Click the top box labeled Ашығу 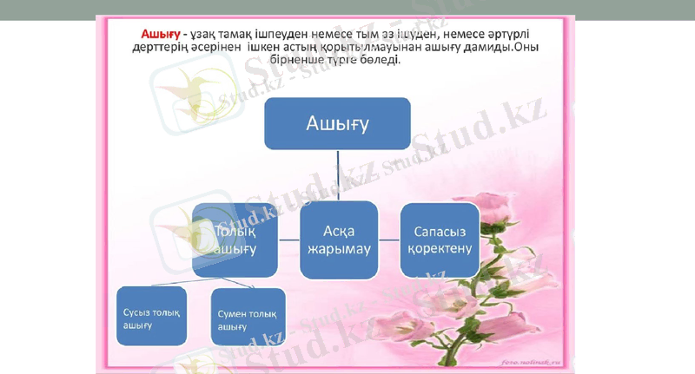[x=337, y=122]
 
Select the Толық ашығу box [x=235, y=239]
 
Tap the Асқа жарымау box [x=339, y=239]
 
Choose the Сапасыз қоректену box [x=439, y=239]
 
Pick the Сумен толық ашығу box [x=248, y=319]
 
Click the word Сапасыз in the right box [x=439, y=232]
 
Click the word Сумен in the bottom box [x=233, y=313]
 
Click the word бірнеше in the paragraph [x=302, y=59]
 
